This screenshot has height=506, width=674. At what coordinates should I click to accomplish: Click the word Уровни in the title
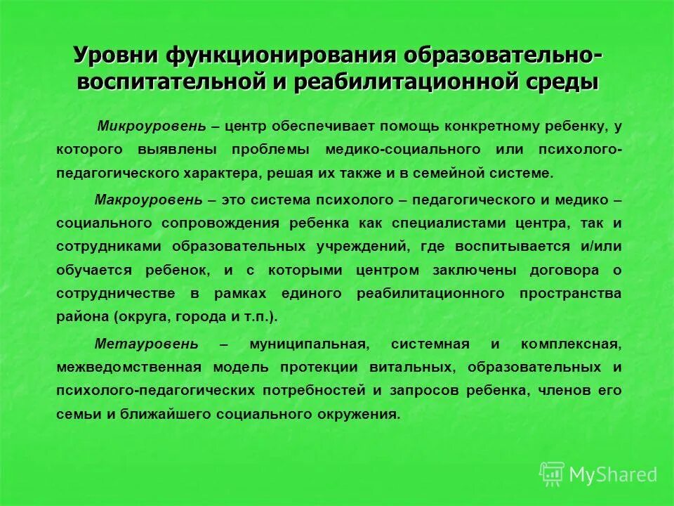pyautogui.click(x=116, y=55)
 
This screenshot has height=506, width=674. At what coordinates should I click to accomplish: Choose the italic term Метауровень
pyautogui.click(x=146, y=344)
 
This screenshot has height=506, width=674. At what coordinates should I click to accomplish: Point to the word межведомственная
pyautogui.click(x=129, y=368)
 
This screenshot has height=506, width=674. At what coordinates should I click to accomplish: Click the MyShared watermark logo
pyautogui.click(x=598, y=474)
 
